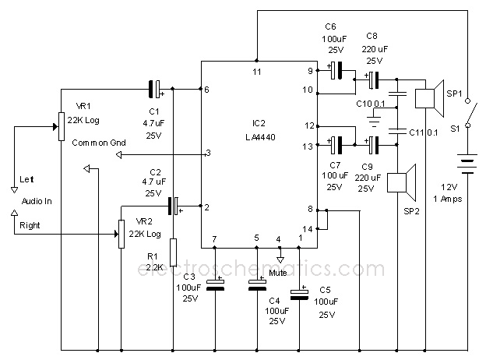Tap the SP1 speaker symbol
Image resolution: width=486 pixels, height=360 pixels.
click(428, 97)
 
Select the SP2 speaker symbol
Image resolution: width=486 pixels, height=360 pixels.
click(403, 182)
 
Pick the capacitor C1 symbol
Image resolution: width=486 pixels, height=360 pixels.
click(156, 89)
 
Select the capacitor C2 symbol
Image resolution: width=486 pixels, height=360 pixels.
click(174, 206)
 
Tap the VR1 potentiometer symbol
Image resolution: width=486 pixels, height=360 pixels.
click(60, 125)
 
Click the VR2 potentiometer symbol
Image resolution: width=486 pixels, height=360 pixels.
click(121, 233)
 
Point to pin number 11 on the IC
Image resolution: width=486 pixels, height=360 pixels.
click(256, 72)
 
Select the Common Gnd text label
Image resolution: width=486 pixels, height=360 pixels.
click(98, 143)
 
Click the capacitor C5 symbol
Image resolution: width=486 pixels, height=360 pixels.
click(298, 293)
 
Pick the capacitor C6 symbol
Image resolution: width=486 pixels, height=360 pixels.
click(336, 72)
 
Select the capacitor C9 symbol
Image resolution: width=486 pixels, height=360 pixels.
click(375, 144)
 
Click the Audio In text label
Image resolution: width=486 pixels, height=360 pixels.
click(37, 201)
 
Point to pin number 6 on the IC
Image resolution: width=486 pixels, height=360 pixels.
click(206, 90)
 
